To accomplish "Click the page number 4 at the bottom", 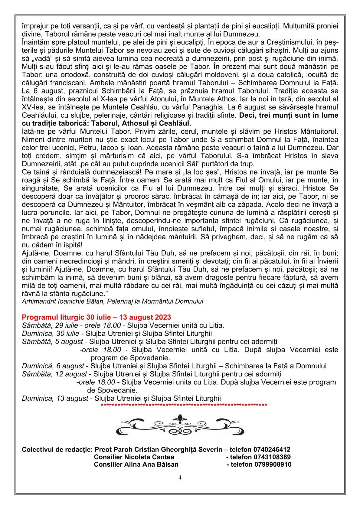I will pyautogui.click(x=180, y=478).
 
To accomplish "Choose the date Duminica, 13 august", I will pyautogui.click(x=55, y=398).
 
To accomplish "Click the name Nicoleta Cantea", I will pyautogui.click(x=149, y=457).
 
